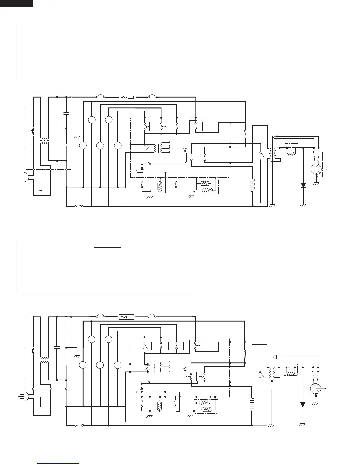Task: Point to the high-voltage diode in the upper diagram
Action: point(303,185)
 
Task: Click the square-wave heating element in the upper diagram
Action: point(252,185)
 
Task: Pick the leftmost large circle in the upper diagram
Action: point(83,145)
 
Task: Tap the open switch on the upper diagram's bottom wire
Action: point(79,206)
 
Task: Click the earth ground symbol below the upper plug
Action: point(41,188)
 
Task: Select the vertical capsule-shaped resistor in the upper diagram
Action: point(160,187)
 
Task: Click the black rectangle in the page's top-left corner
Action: point(16,3)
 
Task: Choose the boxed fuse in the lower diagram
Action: point(126,317)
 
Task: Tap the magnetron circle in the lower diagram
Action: point(316,388)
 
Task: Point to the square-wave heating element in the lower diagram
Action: point(252,405)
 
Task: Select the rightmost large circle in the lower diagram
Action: point(118,365)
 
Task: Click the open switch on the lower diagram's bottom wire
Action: point(79,425)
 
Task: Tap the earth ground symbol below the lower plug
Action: point(41,408)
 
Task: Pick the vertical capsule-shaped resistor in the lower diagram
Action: point(160,406)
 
